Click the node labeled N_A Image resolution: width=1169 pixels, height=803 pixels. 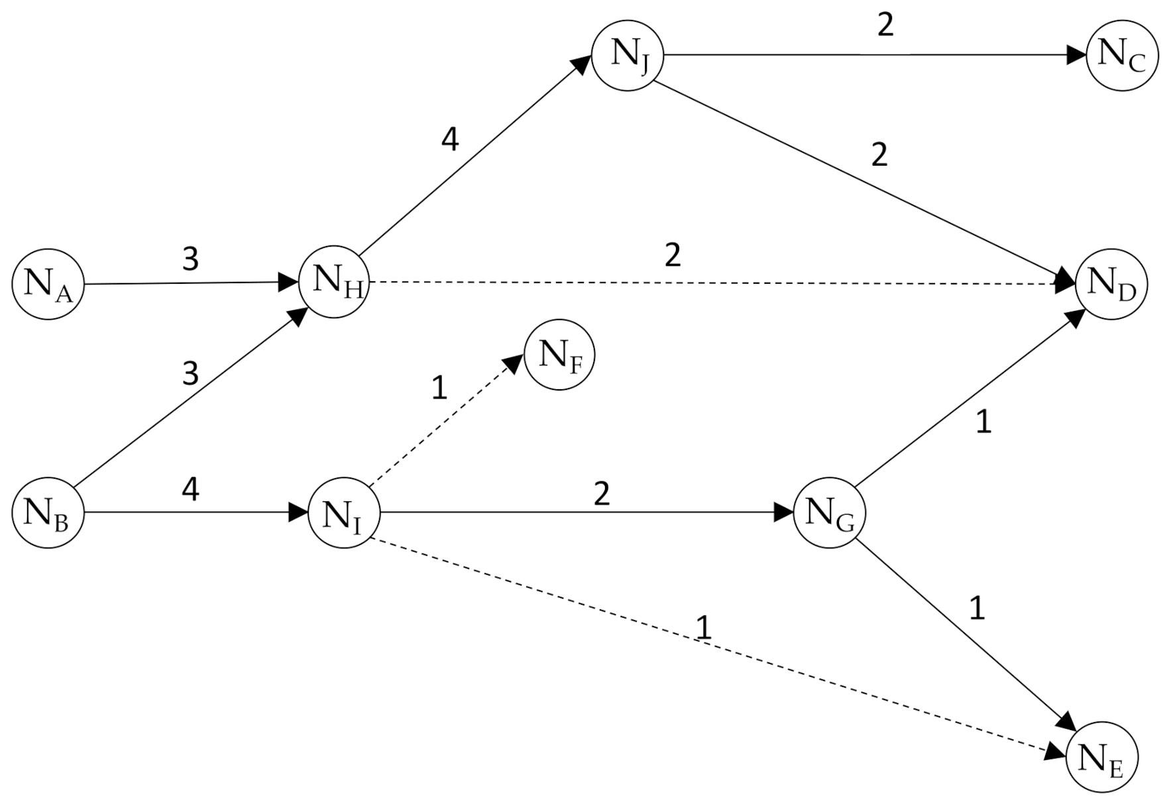tap(48, 284)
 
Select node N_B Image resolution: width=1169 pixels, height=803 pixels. tap(48, 512)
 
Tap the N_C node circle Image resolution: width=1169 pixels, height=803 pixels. tap(1122, 55)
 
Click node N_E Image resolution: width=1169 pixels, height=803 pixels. tap(1101, 757)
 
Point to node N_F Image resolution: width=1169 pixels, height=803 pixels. tap(559, 355)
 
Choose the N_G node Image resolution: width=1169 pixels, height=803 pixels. tap(829, 513)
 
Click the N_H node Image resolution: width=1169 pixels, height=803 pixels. tap(334, 282)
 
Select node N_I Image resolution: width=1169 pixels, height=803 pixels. tap(344, 513)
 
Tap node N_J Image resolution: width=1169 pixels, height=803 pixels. tap(627, 54)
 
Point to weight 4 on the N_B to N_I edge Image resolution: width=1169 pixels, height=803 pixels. tap(190, 490)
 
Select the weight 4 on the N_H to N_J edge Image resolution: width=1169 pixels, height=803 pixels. tap(450, 139)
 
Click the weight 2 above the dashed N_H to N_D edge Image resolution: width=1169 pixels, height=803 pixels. tap(672, 255)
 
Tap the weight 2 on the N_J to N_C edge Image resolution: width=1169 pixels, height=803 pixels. tap(885, 25)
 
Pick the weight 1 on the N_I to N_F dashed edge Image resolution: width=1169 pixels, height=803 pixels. tap(439, 388)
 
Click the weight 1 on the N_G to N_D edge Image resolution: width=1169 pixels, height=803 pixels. tap(983, 422)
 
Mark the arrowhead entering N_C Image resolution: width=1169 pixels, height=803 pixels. tap(1076, 55)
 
